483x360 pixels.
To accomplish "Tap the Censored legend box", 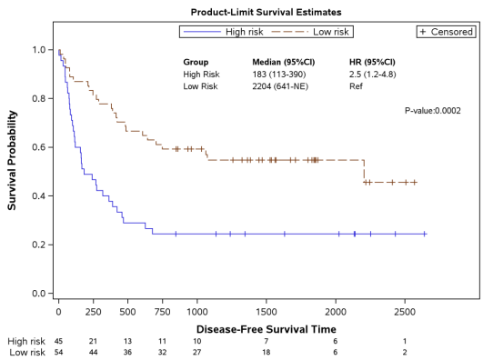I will tap(446, 32).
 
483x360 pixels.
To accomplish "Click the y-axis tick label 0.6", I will tap(39, 147).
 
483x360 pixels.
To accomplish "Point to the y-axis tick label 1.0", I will tap(39, 50).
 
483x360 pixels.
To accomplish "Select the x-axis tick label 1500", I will tap(266, 312).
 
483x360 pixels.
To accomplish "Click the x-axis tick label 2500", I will tap(405, 312).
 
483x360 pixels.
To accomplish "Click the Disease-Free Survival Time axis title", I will tap(266, 328).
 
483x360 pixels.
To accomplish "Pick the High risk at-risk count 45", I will tap(59, 341).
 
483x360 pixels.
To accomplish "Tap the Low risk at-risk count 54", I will tap(59, 352).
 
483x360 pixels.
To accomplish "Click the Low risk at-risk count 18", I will tap(266, 352).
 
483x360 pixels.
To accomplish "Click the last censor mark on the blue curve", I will tap(425, 234).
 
